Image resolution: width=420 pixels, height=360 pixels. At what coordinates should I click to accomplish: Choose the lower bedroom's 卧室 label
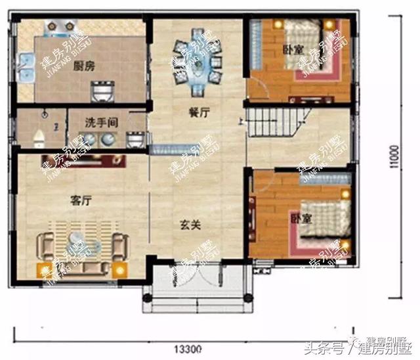299,217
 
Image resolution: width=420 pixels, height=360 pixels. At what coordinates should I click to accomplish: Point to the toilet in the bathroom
39,135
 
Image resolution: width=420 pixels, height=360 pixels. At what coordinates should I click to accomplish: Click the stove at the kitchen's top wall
55,26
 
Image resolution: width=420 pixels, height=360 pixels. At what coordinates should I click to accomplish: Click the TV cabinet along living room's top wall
81,160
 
